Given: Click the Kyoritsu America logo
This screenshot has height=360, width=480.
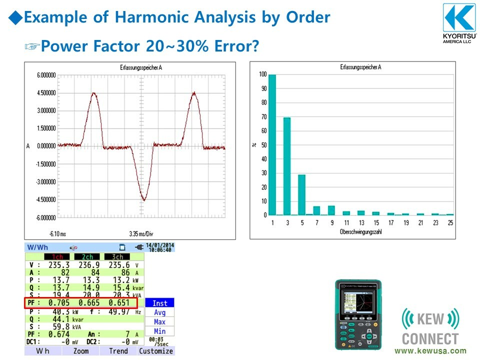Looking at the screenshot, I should coord(459,22).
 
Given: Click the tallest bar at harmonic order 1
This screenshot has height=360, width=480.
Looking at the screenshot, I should coord(272,144).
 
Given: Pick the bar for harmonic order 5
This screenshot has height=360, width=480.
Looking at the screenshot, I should coord(301,194).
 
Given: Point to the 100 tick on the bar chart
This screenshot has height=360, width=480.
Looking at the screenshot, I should coord(262,74).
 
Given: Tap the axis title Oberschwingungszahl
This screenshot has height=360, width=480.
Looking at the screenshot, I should coord(360,232).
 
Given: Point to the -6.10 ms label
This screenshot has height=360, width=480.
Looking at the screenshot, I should coord(58,233).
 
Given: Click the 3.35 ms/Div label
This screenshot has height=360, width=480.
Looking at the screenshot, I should coord(144,233).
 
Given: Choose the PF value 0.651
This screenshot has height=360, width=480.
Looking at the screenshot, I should coord(120,303).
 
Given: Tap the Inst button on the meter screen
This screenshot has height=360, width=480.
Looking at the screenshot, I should coord(159,303).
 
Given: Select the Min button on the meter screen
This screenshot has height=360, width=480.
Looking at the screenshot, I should coord(159,331).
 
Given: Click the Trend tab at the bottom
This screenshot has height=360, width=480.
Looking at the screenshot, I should coord(118,351).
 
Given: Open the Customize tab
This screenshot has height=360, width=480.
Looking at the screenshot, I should coord(155,351).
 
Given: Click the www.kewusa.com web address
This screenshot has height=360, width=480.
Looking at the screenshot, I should coord(430,351).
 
